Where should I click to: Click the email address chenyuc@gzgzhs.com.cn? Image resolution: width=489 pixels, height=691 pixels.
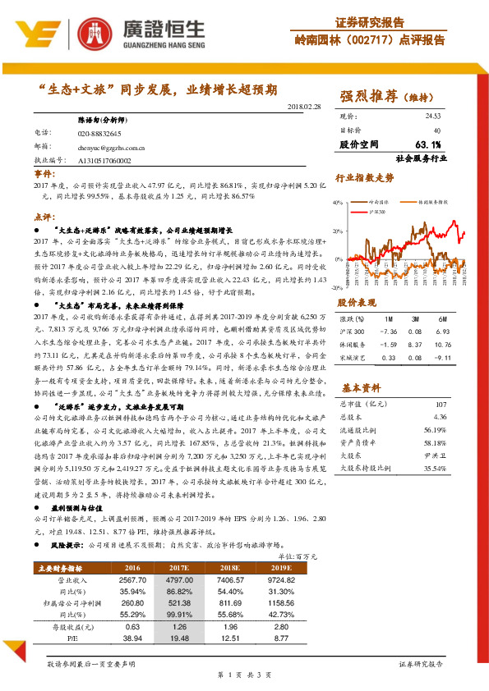tap(112, 149)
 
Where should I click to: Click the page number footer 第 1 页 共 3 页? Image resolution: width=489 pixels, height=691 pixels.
tap(243, 675)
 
